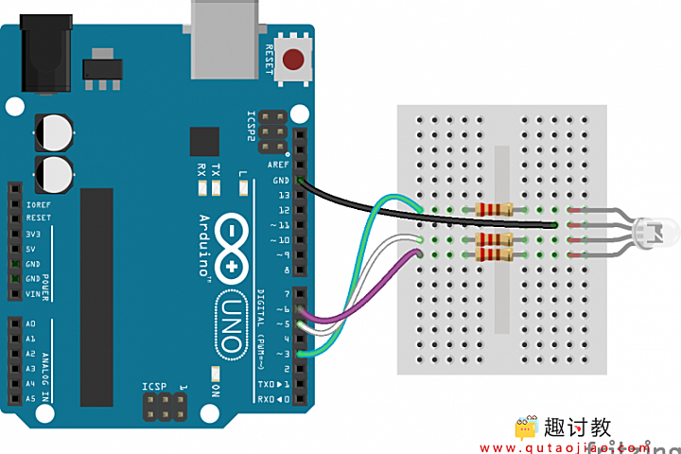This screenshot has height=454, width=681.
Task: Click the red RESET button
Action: (295, 61)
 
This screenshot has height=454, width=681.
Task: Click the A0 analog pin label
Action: (31, 323)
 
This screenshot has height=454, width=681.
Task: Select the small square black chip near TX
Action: (203, 142)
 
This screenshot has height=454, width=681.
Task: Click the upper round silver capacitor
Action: (54, 131)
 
